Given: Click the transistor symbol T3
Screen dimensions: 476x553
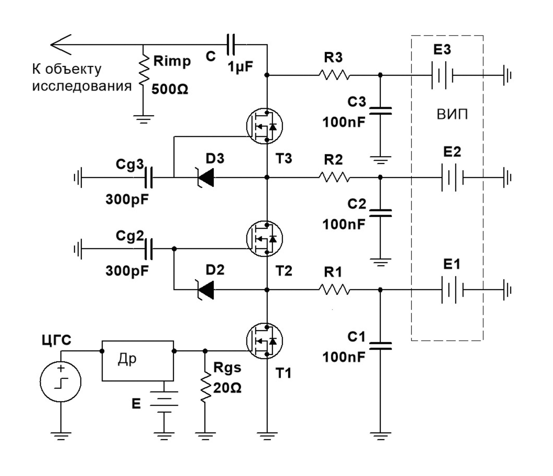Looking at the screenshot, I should click(265, 126).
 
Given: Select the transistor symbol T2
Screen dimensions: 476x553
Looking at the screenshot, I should click(265, 238).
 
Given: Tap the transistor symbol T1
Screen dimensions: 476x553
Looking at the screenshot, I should click(265, 341).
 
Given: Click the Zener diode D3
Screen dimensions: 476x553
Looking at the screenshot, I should click(206, 177).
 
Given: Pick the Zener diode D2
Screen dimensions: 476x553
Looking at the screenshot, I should click(206, 290).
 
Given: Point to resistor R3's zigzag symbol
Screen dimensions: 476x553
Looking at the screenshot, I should click(334, 75).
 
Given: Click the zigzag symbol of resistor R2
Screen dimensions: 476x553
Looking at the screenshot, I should click(334, 177).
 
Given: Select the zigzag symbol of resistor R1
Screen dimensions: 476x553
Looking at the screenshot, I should click(334, 290).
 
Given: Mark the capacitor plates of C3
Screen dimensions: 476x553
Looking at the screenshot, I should click(380, 111).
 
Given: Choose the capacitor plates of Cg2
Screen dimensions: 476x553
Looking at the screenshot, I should click(149, 249).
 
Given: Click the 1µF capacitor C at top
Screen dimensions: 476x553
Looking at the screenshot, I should click(231, 45).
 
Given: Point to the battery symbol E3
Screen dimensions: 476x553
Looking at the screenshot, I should click(442, 75).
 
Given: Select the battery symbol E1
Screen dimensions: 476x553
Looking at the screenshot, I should click(452, 290).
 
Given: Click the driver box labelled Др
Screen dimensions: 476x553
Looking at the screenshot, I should click(138, 361).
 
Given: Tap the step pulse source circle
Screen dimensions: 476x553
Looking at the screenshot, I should click(61, 382).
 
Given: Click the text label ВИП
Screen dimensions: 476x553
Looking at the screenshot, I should click(452, 114).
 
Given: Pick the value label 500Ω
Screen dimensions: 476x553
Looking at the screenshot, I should click(170, 89).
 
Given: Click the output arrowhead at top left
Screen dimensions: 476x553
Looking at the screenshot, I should click(61, 45).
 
